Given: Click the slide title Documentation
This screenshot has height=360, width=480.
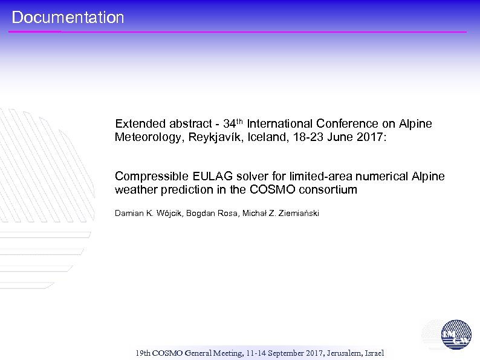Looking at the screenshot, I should click(68, 18).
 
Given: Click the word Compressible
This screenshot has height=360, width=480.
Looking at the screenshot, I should click(151, 177).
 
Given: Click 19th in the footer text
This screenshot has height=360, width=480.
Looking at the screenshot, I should click(143, 353).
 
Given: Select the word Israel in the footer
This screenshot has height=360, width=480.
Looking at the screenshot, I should click(375, 353).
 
